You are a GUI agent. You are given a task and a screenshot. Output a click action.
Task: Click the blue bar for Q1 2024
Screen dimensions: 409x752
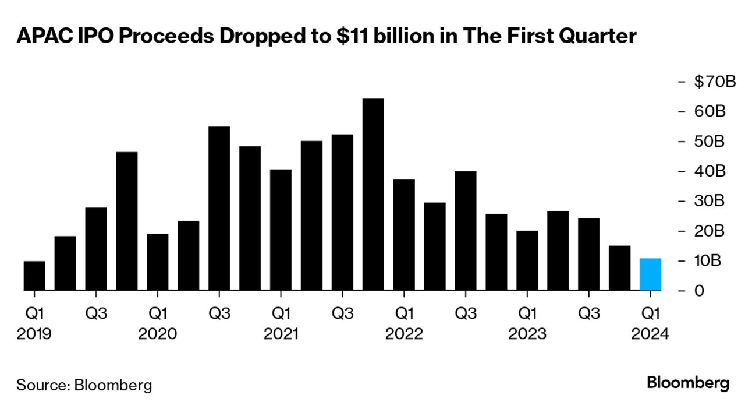click(x=650, y=274)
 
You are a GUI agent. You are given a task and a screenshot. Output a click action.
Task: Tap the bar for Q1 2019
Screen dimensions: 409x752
click(x=34, y=276)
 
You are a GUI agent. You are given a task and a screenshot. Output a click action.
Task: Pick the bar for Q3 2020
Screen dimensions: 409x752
click(x=219, y=208)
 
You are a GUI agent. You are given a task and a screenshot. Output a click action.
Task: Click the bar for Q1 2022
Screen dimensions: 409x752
click(x=404, y=235)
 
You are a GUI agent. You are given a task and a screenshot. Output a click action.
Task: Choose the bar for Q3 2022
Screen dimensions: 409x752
click(x=466, y=231)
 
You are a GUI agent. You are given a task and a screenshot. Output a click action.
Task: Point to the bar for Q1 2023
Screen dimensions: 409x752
click(x=527, y=260)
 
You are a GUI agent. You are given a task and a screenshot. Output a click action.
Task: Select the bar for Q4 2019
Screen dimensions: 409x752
click(x=127, y=221)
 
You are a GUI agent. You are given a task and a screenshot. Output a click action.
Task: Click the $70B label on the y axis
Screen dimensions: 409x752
click(x=715, y=82)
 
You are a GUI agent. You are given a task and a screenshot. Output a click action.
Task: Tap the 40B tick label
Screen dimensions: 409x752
click(x=709, y=171)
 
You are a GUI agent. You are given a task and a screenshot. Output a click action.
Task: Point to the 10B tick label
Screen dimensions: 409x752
click(x=708, y=260)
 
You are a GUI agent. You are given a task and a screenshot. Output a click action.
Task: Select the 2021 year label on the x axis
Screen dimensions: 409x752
click(x=281, y=334)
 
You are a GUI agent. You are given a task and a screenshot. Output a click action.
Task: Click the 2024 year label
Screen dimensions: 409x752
click(x=650, y=334)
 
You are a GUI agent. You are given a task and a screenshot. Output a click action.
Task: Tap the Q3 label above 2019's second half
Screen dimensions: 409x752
click(x=96, y=314)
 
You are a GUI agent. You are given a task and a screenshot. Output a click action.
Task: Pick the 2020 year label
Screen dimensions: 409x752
click(x=158, y=334)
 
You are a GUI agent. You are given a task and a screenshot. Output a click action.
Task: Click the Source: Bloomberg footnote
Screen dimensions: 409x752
click(x=84, y=385)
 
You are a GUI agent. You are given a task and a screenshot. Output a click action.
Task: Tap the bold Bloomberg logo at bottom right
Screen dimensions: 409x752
click(x=688, y=383)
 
